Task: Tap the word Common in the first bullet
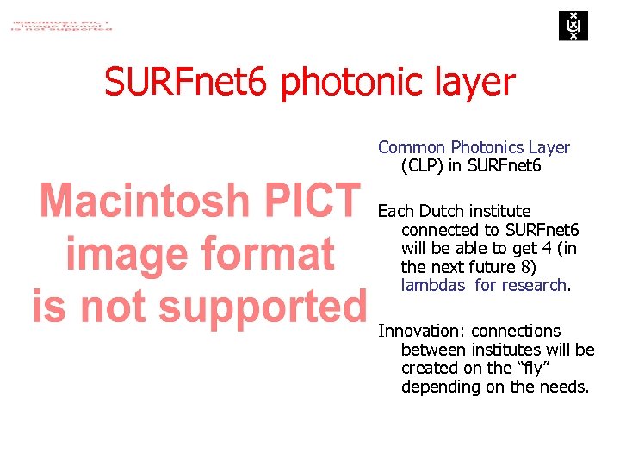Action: click(412, 147)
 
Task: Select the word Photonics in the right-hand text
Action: click(488, 147)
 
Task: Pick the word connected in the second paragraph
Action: click(439, 230)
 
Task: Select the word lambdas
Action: click(433, 285)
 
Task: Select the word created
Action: click(430, 368)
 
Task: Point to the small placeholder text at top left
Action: click(60, 22)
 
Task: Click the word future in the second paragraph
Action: click(494, 267)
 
